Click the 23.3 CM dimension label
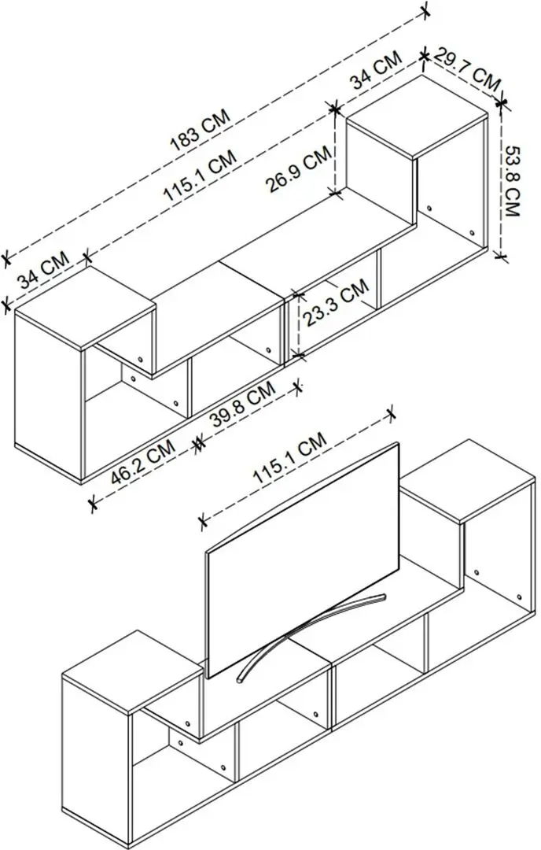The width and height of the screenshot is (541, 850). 337,304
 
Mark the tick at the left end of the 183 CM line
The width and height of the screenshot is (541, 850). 7,257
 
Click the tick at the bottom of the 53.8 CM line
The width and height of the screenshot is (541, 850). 503,254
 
